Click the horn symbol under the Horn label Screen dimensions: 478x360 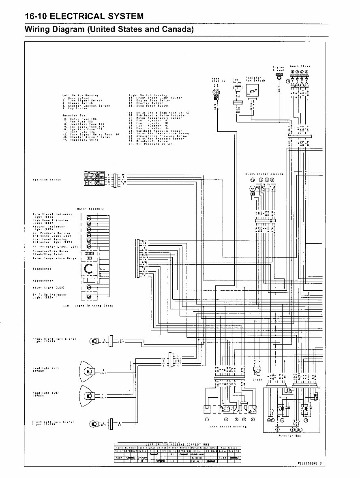216,92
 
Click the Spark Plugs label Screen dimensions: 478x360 300,66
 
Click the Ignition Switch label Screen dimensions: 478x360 47,180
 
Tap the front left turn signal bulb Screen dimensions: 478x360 93,424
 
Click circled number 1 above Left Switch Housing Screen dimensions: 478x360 207,419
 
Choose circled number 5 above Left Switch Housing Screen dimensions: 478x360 253,419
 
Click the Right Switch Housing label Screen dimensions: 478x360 264,174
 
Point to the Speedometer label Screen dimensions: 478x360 43,281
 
